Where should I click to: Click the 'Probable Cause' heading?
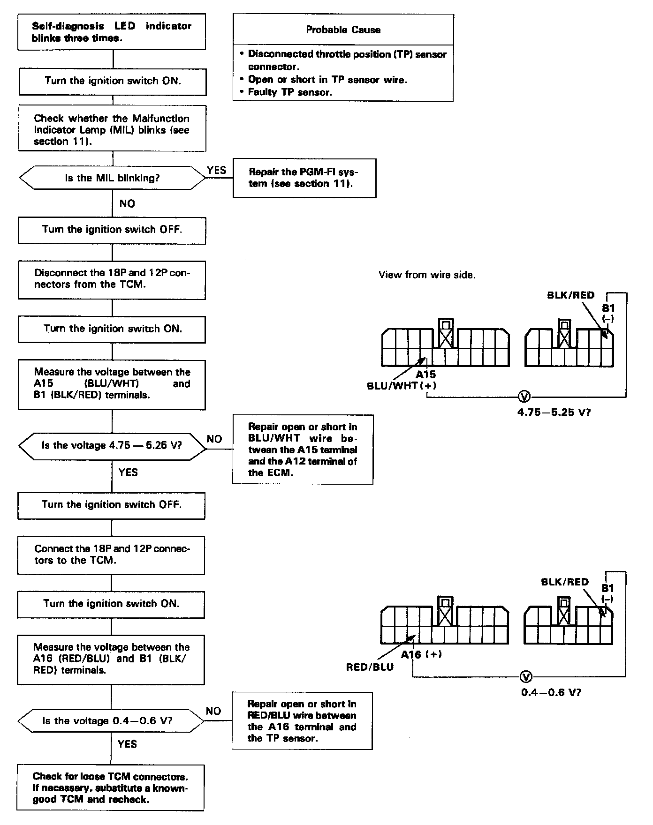click(x=343, y=30)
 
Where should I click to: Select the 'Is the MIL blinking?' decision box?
click(x=112, y=178)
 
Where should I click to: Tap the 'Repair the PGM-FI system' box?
click(x=304, y=178)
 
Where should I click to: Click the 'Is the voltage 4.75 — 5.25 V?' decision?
click(x=112, y=445)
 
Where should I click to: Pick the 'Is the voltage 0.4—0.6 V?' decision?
click(x=111, y=721)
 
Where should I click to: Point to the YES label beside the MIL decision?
click(x=217, y=170)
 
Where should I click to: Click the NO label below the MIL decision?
click(x=127, y=203)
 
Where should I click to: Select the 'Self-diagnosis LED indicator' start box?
click(x=112, y=32)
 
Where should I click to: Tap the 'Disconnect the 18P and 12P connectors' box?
click(x=112, y=279)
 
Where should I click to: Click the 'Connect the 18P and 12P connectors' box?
click(x=112, y=555)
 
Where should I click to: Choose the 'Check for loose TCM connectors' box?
click(x=111, y=787)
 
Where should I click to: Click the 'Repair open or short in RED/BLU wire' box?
click(x=302, y=721)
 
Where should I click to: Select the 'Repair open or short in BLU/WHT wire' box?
click(x=303, y=450)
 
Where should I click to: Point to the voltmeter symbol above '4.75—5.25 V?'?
click(x=524, y=397)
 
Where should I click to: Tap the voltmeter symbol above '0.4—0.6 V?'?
click(x=526, y=677)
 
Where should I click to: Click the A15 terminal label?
click(x=425, y=375)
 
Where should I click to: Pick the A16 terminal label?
click(x=411, y=654)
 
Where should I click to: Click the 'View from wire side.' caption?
click(x=427, y=275)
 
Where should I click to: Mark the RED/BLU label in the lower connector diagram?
click(x=370, y=667)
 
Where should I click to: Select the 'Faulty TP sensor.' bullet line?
click(x=290, y=92)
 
